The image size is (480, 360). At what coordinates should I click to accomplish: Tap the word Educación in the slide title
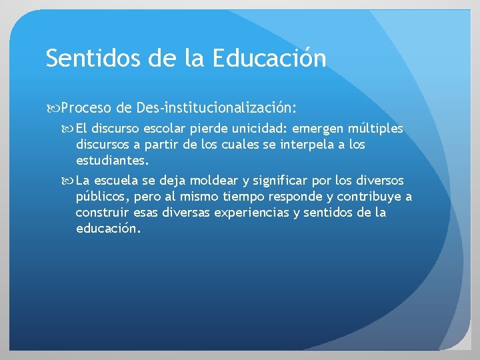[270, 59]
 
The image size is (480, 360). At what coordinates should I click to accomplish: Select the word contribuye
[370, 197]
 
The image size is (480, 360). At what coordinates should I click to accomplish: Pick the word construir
[102, 213]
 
